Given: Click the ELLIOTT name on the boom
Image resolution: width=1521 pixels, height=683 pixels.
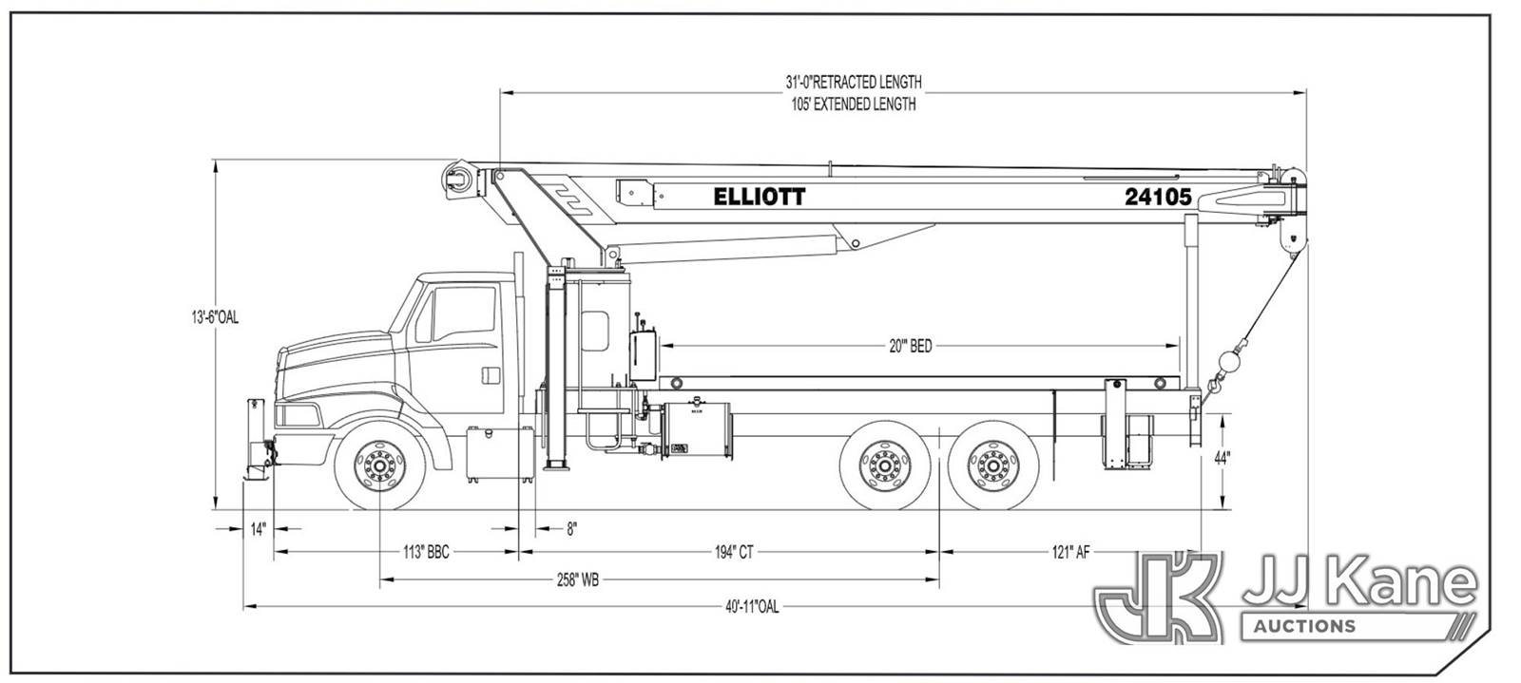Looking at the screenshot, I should pyautogui.click(x=759, y=197).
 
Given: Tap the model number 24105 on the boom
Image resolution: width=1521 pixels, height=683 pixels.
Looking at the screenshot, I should pyautogui.click(x=1158, y=197).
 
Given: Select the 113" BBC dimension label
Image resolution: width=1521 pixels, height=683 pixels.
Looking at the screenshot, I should pyautogui.click(x=425, y=553).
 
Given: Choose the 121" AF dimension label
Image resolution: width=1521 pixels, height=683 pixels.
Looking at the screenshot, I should pyautogui.click(x=1070, y=553).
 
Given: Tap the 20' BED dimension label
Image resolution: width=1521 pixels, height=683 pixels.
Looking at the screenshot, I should pyautogui.click(x=910, y=348).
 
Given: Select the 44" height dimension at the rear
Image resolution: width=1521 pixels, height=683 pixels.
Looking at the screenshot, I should pyautogui.click(x=1222, y=457).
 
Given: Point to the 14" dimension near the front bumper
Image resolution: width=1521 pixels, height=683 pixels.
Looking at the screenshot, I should pyautogui.click(x=258, y=529).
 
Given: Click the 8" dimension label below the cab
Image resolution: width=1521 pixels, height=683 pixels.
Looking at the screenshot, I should pyautogui.click(x=571, y=529).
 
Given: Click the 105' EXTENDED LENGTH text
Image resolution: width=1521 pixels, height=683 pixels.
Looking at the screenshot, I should pyautogui.click(x=854, y=104).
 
